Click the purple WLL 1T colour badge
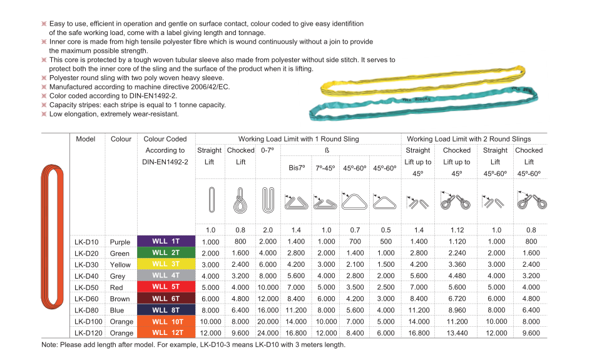click(x=166, y=242)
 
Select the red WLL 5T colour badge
click(x=166, y=287)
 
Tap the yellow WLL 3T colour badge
click(x=166, y=264)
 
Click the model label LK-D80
click(x=86, y=310)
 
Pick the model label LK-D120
click(x=88, y=333)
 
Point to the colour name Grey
click(x=118, y=276)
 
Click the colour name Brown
click(x=120, y=299)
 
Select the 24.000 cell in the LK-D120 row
click(x=268, y=333)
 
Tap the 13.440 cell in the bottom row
click(x=457, y=333)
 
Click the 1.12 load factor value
click(x=457, y=230)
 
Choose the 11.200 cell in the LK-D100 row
click(x=457, y=321)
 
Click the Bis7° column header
click(x=297, y=168)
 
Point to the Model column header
click(x=85, y=139)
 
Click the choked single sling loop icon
click(x=240, y=200)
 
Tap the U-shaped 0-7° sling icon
click(x=268, y=200)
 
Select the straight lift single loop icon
click(x=212, y=200)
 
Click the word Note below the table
click(x=49, y=344)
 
